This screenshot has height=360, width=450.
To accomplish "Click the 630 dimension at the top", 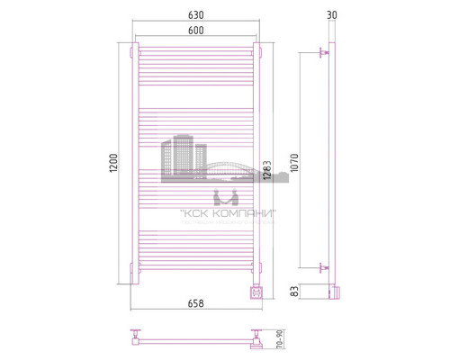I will (195, 14).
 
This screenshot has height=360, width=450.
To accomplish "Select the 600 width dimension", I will (195, 31).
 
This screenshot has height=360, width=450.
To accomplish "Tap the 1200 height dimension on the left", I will (112, 164).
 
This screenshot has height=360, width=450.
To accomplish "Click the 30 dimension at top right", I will (333, 14).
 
